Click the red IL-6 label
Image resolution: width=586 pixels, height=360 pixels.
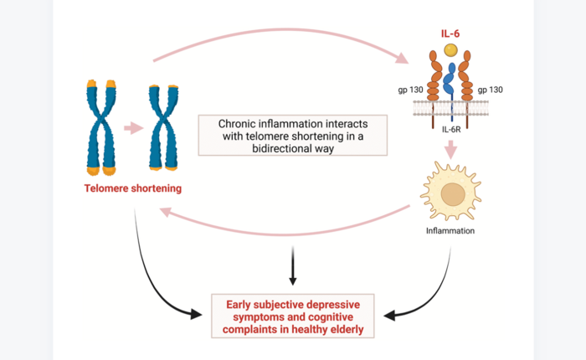pyautogui.click(x=450, y=34)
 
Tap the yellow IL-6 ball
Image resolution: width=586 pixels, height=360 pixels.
pyautogui.click(x=450, y=50)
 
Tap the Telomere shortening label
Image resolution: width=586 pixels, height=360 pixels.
pyautogui.click(x=133, y=188)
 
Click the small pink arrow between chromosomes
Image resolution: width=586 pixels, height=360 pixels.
pyautogui.click(x=131, y=128)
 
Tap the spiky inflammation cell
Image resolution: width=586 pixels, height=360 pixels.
pyautogui.click(x=453, y=193)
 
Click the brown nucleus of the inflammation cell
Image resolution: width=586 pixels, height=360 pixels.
pyautogui.click(x=454, y=194)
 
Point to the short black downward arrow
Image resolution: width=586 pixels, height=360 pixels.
pyautogui.click(x=292, y=266)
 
